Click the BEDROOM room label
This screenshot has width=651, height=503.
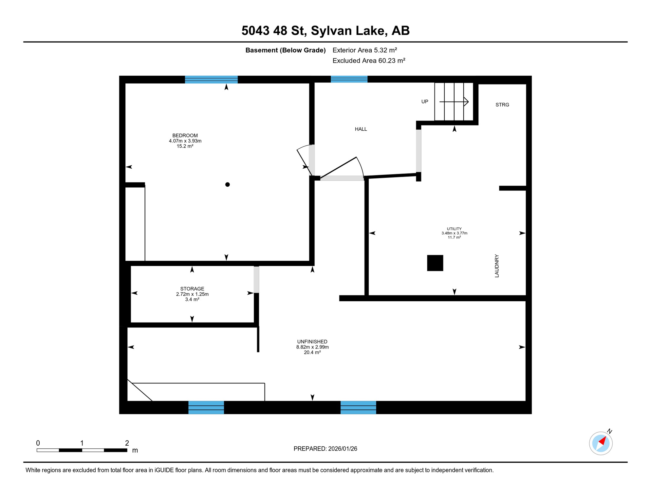click(185, 135)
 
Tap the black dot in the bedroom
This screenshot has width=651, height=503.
click(228, 185)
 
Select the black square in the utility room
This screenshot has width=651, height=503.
click(435, 263)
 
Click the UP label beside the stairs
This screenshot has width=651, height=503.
click(425, 102)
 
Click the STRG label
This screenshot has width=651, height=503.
click(502, 105)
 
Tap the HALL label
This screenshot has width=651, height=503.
click(361, 129)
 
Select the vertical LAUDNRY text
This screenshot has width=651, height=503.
click(497, 266)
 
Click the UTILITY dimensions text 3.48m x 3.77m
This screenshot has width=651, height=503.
click(454, 233)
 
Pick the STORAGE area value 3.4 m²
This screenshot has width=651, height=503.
click(192, 299)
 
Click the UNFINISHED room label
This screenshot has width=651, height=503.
click(312, 342)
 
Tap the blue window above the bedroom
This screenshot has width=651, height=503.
click(211, 79)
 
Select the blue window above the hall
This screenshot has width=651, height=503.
click(349, 79)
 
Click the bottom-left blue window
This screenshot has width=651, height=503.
click(206, 407)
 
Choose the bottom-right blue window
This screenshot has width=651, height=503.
click(358, 407)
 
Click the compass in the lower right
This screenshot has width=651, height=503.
click(601, 443)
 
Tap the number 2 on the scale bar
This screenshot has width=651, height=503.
click(127, 443)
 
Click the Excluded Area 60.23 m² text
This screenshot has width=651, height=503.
click(369, 61)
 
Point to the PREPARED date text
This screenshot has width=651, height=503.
click(325, 449)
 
